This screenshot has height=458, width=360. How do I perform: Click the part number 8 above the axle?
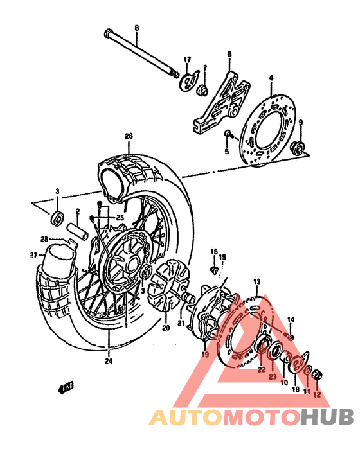tap(136, 27)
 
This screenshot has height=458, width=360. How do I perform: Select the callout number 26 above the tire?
tap(129, 136)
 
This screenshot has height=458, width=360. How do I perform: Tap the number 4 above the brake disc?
tap(271, 78)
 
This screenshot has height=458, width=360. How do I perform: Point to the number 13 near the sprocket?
tap(256, 281)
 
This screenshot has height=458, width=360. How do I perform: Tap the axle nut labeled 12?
tap(317, 375)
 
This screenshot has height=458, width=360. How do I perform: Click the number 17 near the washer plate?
tap(187, 60)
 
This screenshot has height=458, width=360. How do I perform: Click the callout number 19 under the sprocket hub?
tap(206, 355)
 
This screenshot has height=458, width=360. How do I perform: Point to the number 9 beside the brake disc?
tap(300, 122)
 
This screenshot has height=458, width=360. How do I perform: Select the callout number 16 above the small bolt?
tap(214, 251)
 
